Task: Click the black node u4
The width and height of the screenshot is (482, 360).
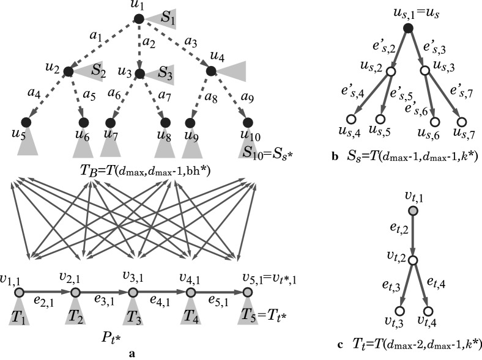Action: (x=211, y=72)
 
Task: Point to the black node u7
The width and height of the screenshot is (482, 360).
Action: (x=111, y=123)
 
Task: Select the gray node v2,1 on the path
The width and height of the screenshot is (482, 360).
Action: (x=75, y=293)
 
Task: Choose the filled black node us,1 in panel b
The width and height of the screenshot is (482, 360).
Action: (x=409, y=28)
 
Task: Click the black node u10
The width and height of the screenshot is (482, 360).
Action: (x=248, y=123)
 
